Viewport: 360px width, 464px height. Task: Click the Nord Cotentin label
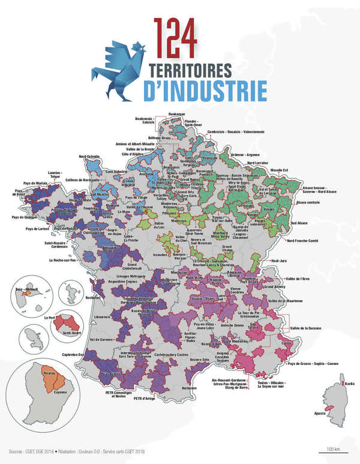(89, 157)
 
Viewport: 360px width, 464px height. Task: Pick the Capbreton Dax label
(73, 354)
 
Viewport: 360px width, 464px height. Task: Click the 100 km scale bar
(333, 449)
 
